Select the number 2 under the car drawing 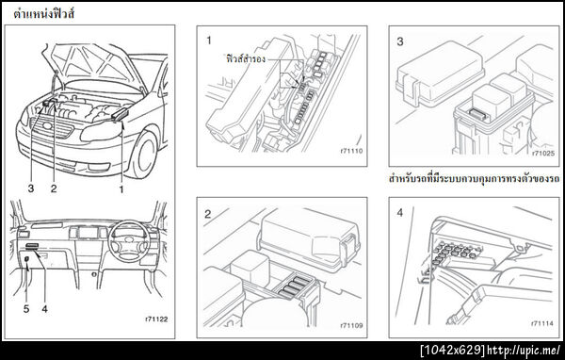tap(54, 188)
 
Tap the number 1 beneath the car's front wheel tap(121, 188)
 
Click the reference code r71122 tap(155, 320)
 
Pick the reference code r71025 tap(542, 152)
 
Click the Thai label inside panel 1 tap(247, 57)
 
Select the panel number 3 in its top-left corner tap(400, 42)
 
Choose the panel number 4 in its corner tap(400, 213)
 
